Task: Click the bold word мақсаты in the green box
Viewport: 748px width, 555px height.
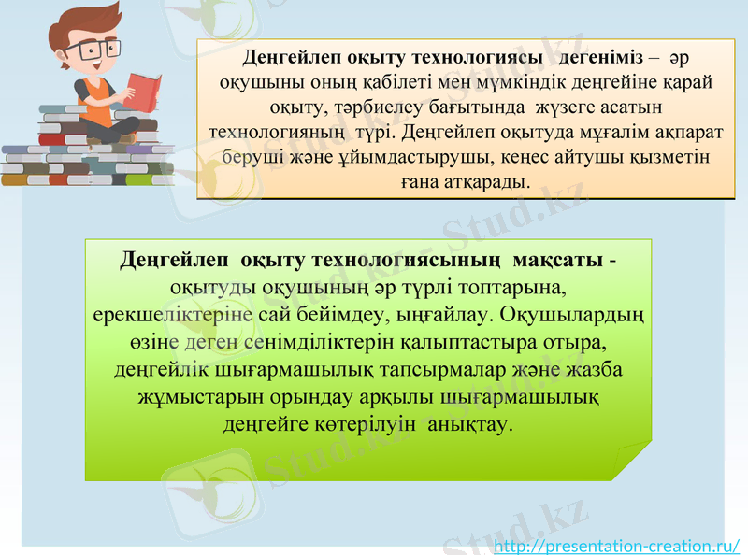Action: click(558, 257)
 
